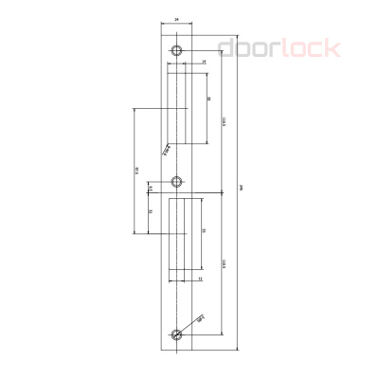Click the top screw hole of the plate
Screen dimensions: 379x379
[176, 50]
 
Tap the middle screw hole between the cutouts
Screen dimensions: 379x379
[176, 180]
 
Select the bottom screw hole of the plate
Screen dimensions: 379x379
[176, 334]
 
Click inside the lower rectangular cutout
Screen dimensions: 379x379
[180, 242]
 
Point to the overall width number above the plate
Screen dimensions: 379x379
[176, 18]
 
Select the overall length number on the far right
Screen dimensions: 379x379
[244, 189]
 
